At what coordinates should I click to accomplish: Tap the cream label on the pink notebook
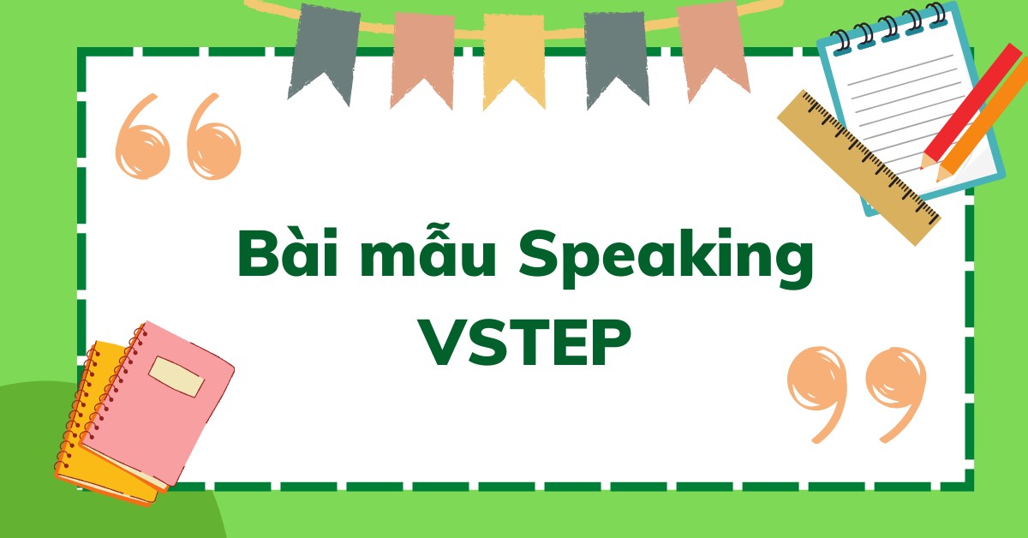(x=176, y=376)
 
